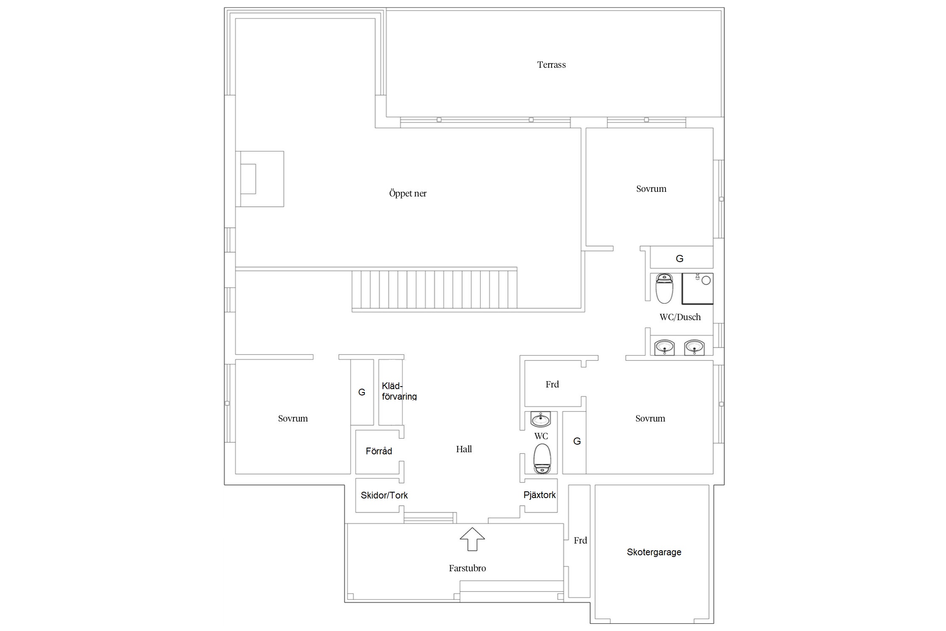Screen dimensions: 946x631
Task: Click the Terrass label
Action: [551, 65]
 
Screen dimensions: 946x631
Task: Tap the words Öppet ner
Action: [407, 194]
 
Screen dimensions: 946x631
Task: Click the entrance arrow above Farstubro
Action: [472, 539]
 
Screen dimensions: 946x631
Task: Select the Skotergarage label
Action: [654, 552]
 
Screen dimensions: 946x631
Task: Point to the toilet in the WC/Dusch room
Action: [664, 289]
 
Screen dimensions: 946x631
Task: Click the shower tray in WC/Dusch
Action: [697, 289]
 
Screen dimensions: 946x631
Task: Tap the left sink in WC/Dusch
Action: [664, 347]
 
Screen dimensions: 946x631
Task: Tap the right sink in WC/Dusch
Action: [694, 347]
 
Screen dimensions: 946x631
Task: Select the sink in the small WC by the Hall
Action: [540, 419]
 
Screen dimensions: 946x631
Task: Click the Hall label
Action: [464, 449]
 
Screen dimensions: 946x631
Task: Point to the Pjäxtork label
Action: [539, 495]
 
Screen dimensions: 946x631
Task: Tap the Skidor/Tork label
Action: [384, 496]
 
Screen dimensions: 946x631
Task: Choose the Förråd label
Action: [379, 451]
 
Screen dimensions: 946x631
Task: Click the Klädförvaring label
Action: [399, 391]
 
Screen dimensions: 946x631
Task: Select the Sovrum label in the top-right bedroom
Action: [651, 189]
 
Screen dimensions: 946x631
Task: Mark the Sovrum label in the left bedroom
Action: [293, 419]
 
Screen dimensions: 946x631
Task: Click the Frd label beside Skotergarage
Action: [580, 541]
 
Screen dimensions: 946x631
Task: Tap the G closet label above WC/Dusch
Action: [679, 259]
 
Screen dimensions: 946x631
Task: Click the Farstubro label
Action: [467, 568]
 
